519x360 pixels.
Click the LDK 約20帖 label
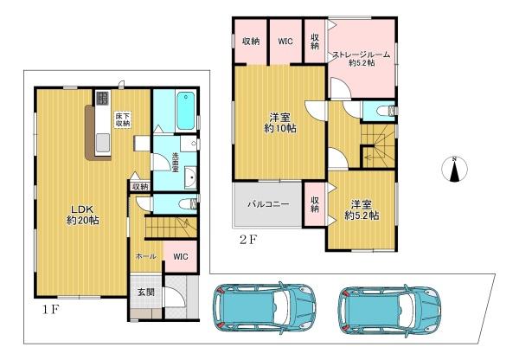pos(83,215)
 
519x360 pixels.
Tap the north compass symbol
pos(454,169)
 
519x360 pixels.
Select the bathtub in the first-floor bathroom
pos(185,111)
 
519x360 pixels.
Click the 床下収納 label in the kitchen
pos(123,119)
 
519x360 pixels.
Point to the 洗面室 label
pos(176,163)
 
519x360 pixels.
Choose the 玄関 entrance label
pos(146,292)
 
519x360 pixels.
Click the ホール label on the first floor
pos(146,256)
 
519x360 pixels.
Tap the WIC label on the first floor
pos(181,256)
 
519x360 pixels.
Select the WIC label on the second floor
pos(285,42)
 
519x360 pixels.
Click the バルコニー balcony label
pos(268,203)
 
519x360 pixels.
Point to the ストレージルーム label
pos(362,55)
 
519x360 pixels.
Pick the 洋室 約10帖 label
pos(279,123)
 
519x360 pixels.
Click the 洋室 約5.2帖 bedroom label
pos(362,210)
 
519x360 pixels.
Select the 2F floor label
pos(248,239)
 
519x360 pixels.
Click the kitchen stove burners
pos(103,98)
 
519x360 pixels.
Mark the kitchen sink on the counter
pos(103,143)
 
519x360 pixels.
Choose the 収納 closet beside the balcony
pos(315,204)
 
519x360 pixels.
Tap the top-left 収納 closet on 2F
pos(251,42)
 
